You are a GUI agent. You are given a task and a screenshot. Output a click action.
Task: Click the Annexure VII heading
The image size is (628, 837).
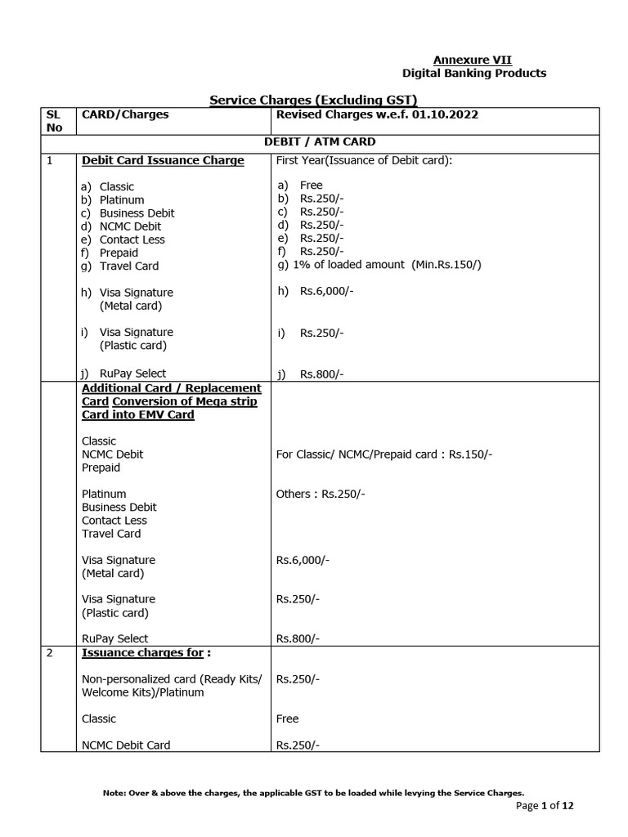coord(472,60)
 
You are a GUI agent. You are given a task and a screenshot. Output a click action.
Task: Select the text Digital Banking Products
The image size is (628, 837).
coord(473,74)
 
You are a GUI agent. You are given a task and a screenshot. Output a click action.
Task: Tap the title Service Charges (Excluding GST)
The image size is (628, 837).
coord(314,100)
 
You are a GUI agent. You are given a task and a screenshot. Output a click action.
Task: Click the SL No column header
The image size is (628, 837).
coord(55,121)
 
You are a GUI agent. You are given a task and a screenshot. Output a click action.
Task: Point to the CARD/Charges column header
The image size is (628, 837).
coord(125,114)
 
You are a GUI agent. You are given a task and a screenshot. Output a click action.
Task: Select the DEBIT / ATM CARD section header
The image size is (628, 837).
coord(320,141)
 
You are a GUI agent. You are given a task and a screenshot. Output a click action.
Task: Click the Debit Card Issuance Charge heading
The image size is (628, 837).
coord(163,160)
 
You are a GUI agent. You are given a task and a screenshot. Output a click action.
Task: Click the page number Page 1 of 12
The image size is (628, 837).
coord(545,806)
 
